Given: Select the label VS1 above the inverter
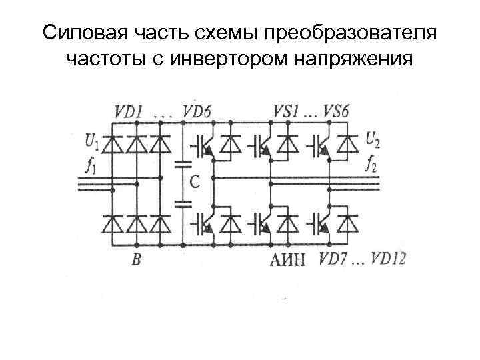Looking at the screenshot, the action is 287,112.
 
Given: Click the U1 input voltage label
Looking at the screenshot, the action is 92,141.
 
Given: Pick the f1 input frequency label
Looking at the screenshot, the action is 91,162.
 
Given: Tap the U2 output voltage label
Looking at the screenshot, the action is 374,141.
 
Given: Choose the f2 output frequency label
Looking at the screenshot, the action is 373,162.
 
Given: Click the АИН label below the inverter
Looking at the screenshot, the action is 288,259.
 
